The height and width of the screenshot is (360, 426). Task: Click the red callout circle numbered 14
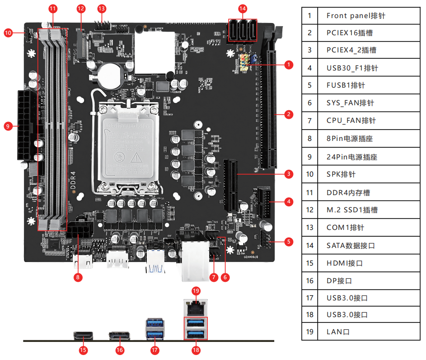(243, 9)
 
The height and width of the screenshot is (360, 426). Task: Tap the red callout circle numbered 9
(8, 126)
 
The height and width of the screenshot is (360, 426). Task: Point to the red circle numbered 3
(289, 173)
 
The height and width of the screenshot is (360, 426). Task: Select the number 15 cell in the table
(309, 263)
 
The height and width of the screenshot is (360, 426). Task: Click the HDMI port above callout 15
(83, 337)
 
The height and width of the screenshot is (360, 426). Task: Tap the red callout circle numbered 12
(81, 9)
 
